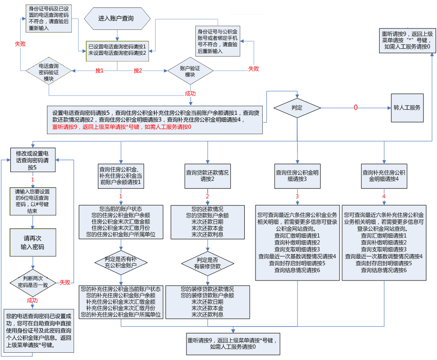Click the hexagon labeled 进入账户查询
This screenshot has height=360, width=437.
[117, 19]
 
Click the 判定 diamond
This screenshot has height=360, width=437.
[297, 108]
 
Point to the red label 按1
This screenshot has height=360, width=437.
[100, 71]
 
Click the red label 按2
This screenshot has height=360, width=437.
[138, 71]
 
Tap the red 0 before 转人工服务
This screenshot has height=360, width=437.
[355, 108]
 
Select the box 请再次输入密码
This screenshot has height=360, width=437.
[33, 243]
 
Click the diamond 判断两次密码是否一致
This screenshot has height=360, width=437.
[33, 282]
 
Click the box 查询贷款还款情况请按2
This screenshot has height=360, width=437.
[208, 175]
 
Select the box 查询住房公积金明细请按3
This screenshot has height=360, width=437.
[297, 175]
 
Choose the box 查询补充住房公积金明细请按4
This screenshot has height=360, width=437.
[384, 175]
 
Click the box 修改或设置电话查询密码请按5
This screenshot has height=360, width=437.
[33, 160]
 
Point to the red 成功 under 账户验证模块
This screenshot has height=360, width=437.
[190, 94]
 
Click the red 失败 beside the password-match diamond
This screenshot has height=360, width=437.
[65, 282]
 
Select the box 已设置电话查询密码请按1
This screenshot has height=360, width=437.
[117, 50]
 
